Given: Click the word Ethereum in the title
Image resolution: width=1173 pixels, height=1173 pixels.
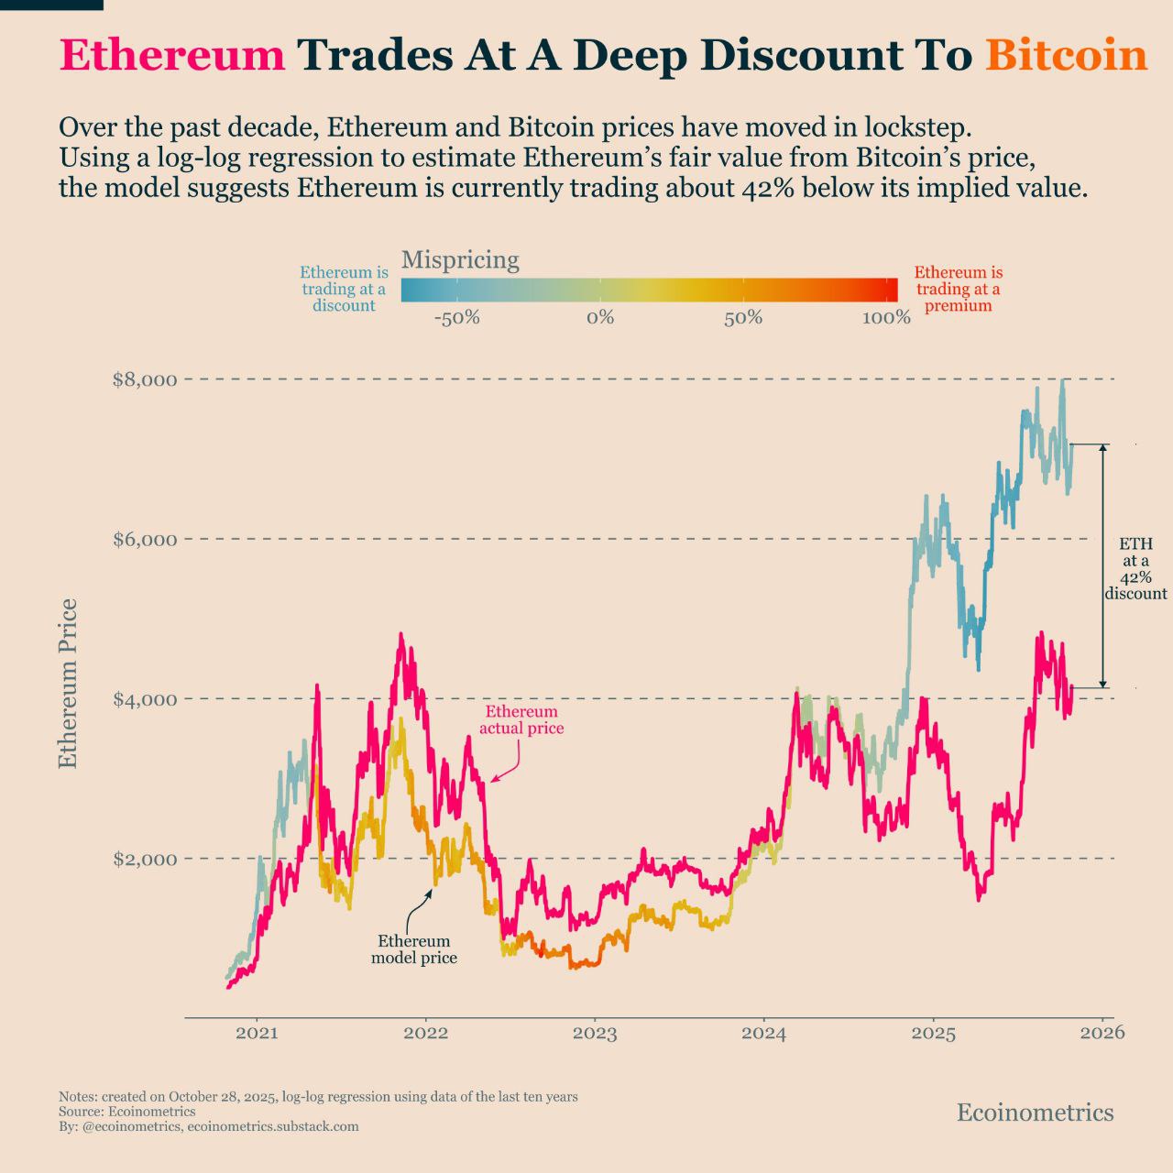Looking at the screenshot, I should (172, 55).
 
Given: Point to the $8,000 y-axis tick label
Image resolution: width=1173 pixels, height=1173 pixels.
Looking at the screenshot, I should (145, 379).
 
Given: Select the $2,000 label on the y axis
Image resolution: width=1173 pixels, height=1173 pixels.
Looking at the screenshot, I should (145, 859).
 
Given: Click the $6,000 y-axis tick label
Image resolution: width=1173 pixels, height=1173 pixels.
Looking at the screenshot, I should (145, 539).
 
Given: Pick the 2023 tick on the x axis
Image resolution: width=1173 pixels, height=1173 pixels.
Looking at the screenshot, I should (595, 1035).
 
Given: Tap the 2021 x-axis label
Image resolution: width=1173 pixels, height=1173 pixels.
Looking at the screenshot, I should (257, 1035).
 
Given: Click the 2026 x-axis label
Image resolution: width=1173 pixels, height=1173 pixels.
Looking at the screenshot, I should (1102, 1033).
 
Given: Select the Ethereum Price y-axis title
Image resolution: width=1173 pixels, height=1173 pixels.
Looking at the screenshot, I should (68, 684).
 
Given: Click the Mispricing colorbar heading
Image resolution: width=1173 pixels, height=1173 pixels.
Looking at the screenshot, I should (460, 260).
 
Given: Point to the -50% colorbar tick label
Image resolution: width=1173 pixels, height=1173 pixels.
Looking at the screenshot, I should (456, 318).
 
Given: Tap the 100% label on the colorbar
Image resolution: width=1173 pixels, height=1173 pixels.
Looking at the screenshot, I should (886, 318).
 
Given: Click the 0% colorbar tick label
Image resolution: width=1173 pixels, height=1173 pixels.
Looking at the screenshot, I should (600, 318).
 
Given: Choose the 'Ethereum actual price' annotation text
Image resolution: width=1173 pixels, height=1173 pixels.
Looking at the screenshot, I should (521, 720).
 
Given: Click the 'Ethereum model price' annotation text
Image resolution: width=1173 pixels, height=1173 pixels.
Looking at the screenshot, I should (414, 949).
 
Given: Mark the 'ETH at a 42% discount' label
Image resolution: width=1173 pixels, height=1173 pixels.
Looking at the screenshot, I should (1135, 569).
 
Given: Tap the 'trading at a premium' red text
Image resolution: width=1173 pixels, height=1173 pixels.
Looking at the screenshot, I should (958, 289).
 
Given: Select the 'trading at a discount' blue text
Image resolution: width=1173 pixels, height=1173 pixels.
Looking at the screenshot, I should (344, 289).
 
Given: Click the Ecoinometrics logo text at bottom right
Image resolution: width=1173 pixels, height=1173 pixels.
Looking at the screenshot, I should (1035, 1113).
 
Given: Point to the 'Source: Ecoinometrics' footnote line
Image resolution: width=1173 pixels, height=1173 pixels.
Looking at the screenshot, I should (126, 1112).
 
